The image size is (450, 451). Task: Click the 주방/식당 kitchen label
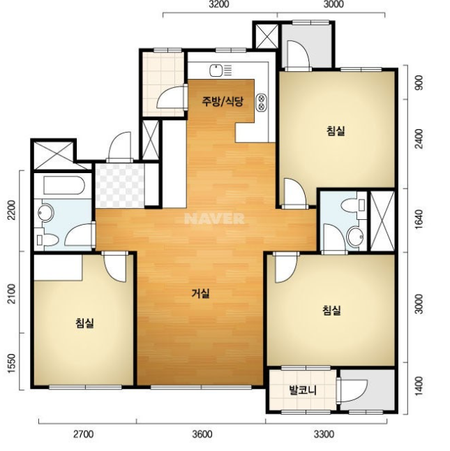223,101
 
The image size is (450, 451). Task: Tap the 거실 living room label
200,293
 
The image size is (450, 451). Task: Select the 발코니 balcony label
303,390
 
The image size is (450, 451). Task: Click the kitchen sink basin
216,71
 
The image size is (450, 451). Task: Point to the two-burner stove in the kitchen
262,102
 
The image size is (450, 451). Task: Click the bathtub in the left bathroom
64,185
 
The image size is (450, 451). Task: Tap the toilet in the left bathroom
47,239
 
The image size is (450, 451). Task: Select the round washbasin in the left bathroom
45,213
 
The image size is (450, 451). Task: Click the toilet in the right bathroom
352,205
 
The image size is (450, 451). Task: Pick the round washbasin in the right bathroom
356,237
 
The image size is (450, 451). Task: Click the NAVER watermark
214,219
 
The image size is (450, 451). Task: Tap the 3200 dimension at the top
219,4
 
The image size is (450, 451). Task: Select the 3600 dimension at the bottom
202,434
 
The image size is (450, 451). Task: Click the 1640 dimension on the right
419,219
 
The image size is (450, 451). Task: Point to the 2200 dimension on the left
12,210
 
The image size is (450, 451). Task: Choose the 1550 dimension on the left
12,363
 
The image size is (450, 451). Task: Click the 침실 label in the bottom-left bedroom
84,323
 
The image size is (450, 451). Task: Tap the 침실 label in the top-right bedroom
336,131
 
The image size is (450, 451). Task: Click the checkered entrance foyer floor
120,186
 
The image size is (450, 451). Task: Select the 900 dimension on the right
419,82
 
